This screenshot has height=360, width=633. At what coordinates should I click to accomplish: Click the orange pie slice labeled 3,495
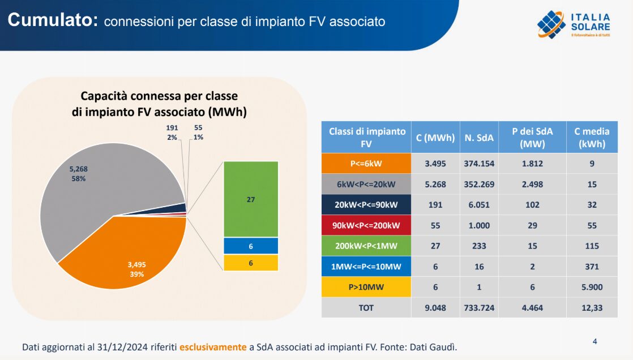pyautogui.click(x=130, y=255)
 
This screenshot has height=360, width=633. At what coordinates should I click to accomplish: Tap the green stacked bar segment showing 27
pyautogui.click(x=251, y=199)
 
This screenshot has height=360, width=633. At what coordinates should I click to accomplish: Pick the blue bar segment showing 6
pyautogui.click(x=251, y=246)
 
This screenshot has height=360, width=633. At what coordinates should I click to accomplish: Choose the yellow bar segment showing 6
pyautogui.click(x=251, y=263)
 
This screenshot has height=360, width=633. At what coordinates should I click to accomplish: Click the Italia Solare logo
pyautogui.click(x=574, y=25)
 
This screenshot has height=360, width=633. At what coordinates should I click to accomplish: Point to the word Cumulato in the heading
pyautogui.click(x=53, y=20)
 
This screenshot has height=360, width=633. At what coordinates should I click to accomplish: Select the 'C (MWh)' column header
pyautogui.click(x=435, y=138)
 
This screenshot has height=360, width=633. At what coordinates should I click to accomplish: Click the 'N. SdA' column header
pyautogui.click(x=479, y=138)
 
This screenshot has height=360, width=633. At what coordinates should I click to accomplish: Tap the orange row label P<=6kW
pyautogui.click(x=366, y=164)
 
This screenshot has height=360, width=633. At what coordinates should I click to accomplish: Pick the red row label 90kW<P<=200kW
pyautogui.click(x=366, y=225)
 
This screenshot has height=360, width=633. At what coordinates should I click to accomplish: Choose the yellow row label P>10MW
pyautogui.click(x=366, y=287)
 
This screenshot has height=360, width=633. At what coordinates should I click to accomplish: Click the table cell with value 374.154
pyautogui.click(x=479, y=164)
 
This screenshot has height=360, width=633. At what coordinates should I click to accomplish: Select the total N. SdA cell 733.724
pyautogui.click(x=479, y=307)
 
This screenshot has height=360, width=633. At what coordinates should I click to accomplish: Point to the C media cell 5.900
pyautogui.click(x=592, y=287)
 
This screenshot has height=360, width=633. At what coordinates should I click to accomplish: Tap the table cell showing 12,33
pyautogui.click(x=592, y=307)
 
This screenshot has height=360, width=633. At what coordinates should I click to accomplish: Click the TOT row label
pyautogui.click(x=366, y=307)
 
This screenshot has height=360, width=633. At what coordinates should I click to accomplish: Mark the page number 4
pyautogui.click(x=594, y=341)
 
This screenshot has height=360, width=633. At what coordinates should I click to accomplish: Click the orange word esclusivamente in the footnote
pyautogui.click(x=213, y=346)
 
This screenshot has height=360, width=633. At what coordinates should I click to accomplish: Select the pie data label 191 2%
pyautogui.click(x=172, y=132)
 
